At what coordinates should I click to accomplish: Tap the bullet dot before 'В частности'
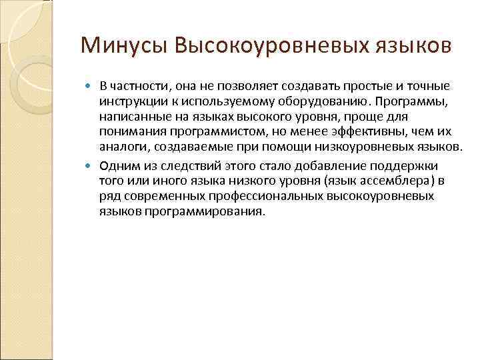(x=93, y=87)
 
